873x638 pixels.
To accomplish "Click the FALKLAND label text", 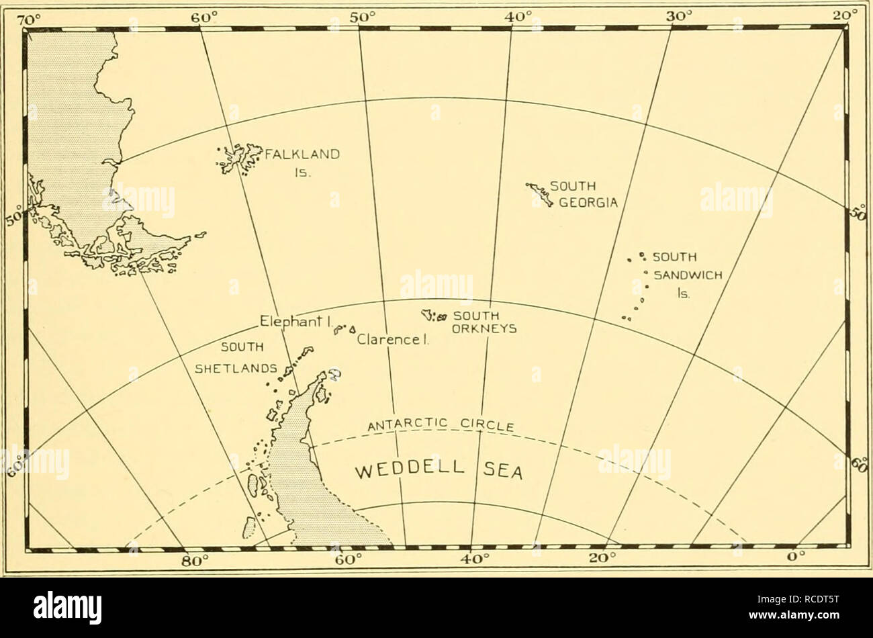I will (300, 153).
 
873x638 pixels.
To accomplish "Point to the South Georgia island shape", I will (541, 193).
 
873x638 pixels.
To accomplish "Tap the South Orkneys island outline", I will (430, 315).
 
